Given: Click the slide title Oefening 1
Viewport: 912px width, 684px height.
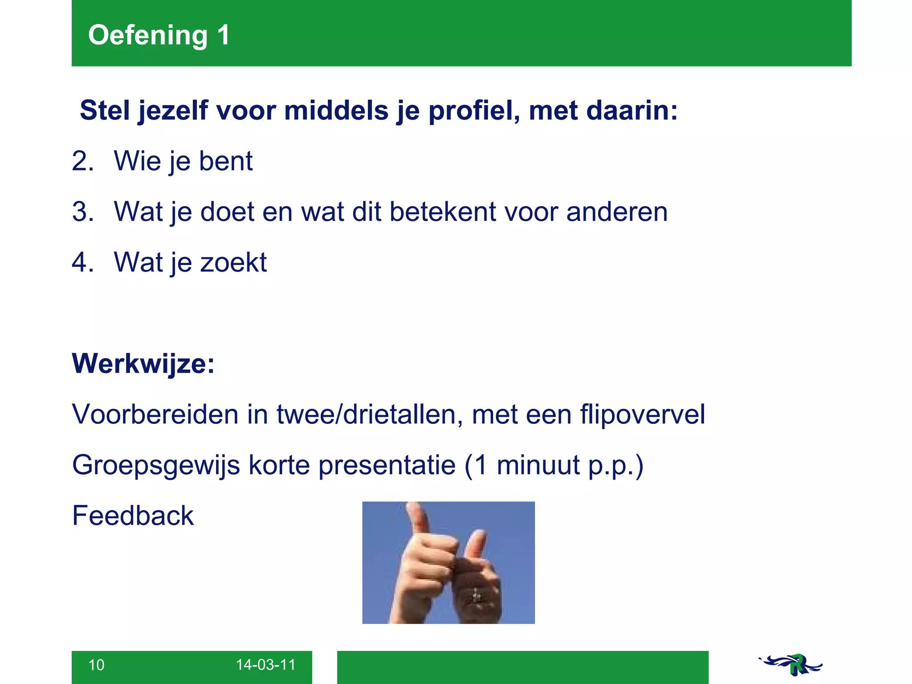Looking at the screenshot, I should [159, 35].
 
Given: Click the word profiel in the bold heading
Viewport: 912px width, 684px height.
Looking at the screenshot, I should [473, 111].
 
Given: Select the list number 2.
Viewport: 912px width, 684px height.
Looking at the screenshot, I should [83, 161].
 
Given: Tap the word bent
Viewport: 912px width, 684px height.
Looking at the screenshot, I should [226, 161].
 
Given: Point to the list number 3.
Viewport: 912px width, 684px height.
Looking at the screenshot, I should [83, 212].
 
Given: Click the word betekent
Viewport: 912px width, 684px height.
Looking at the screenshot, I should [443, 212].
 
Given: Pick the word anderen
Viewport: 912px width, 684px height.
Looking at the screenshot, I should [617, 212].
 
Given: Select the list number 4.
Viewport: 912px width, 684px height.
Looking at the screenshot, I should [83, 262].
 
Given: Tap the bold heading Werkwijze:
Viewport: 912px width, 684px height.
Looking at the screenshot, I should [143, 364].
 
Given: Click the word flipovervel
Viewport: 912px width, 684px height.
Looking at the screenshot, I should [642, 415].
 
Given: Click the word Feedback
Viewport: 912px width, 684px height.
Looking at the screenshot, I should [133, 516].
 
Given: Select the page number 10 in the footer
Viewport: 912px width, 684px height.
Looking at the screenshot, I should [96, 665].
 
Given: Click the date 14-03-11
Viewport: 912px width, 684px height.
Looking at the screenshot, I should [265, 665].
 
